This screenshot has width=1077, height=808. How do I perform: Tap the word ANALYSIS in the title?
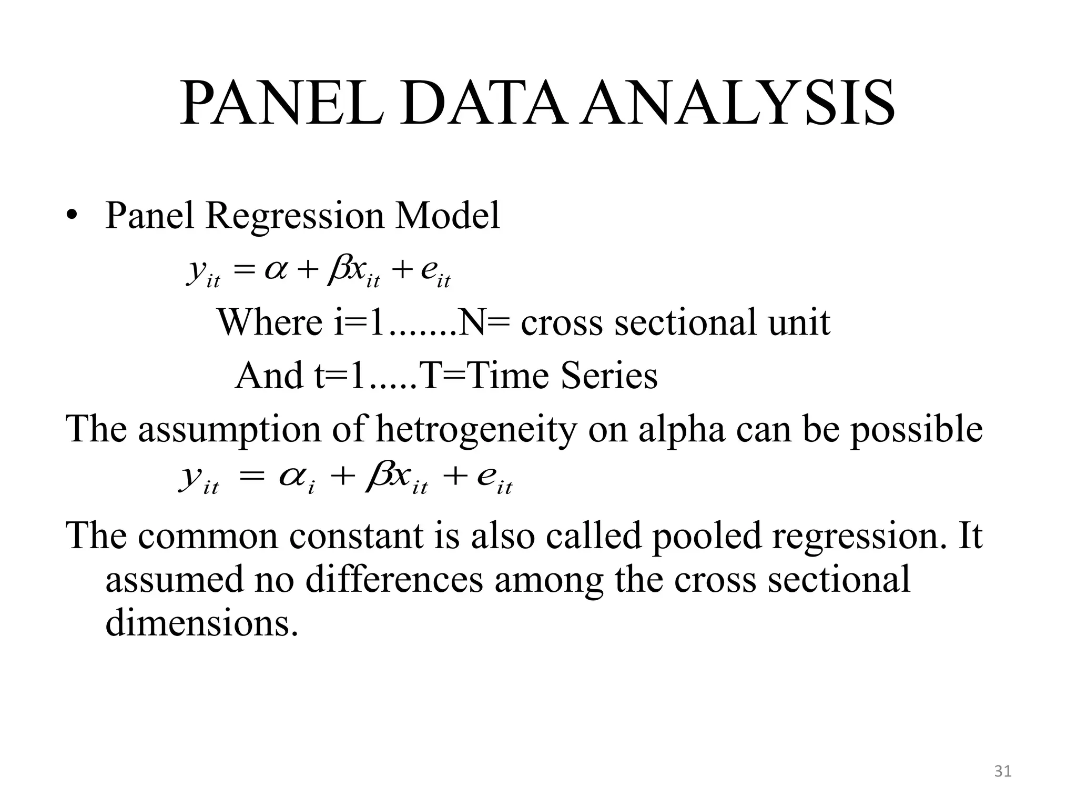[x=739, y=104]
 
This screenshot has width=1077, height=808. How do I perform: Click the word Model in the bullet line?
[x=448, y=216]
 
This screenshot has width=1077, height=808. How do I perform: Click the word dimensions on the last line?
[x=201, y=624]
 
